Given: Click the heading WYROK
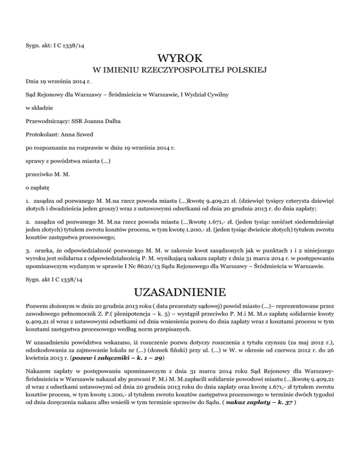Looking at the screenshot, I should tap(180, 59).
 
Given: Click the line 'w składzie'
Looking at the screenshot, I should tap(40, 107).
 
